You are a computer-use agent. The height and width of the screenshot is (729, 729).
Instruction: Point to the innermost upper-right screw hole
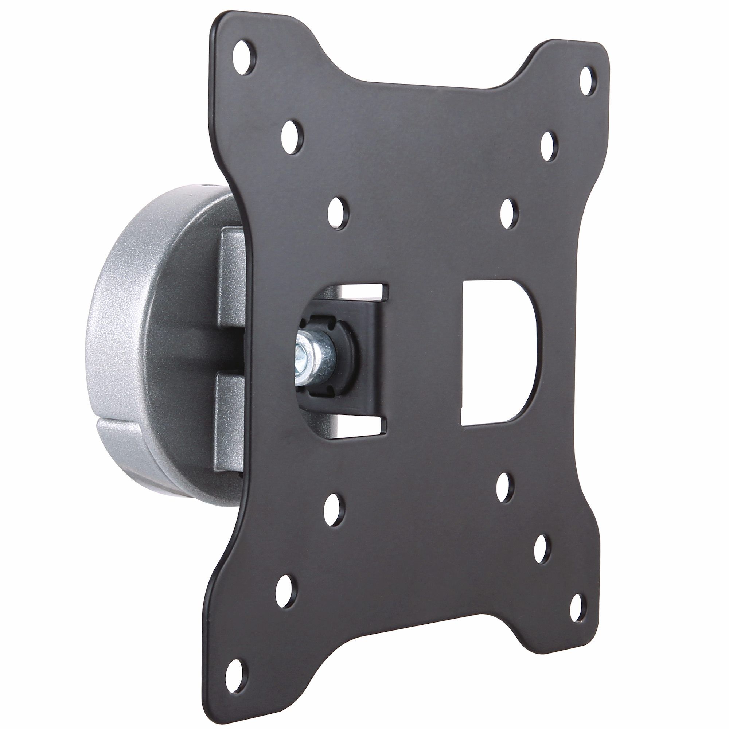pos(508,213)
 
